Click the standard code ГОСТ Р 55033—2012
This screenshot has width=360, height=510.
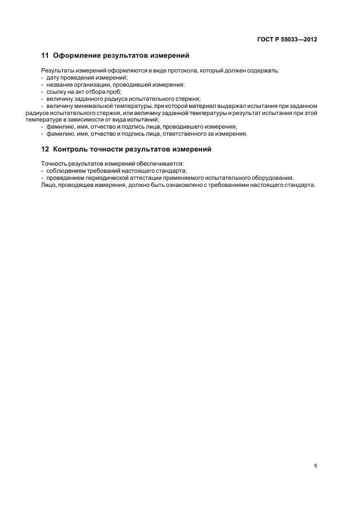[286, 40]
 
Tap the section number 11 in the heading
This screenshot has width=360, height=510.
[45, 56]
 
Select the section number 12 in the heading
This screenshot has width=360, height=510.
[45, 149]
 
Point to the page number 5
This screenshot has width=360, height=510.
[315, 466]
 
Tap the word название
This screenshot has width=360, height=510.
[59, 85]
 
